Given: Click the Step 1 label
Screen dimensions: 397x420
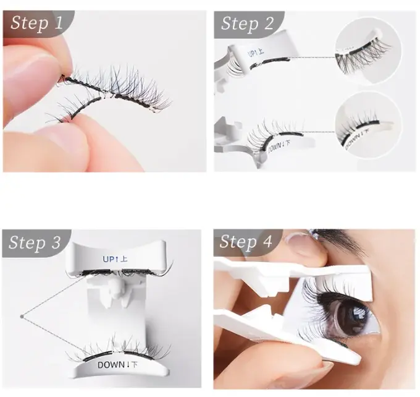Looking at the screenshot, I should pos(36,24).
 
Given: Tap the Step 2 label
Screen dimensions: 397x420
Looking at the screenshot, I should pos(247,24).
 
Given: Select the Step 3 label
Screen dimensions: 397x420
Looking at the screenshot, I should pos(36,243).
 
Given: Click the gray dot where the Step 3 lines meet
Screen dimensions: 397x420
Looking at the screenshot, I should pos(22,317).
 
